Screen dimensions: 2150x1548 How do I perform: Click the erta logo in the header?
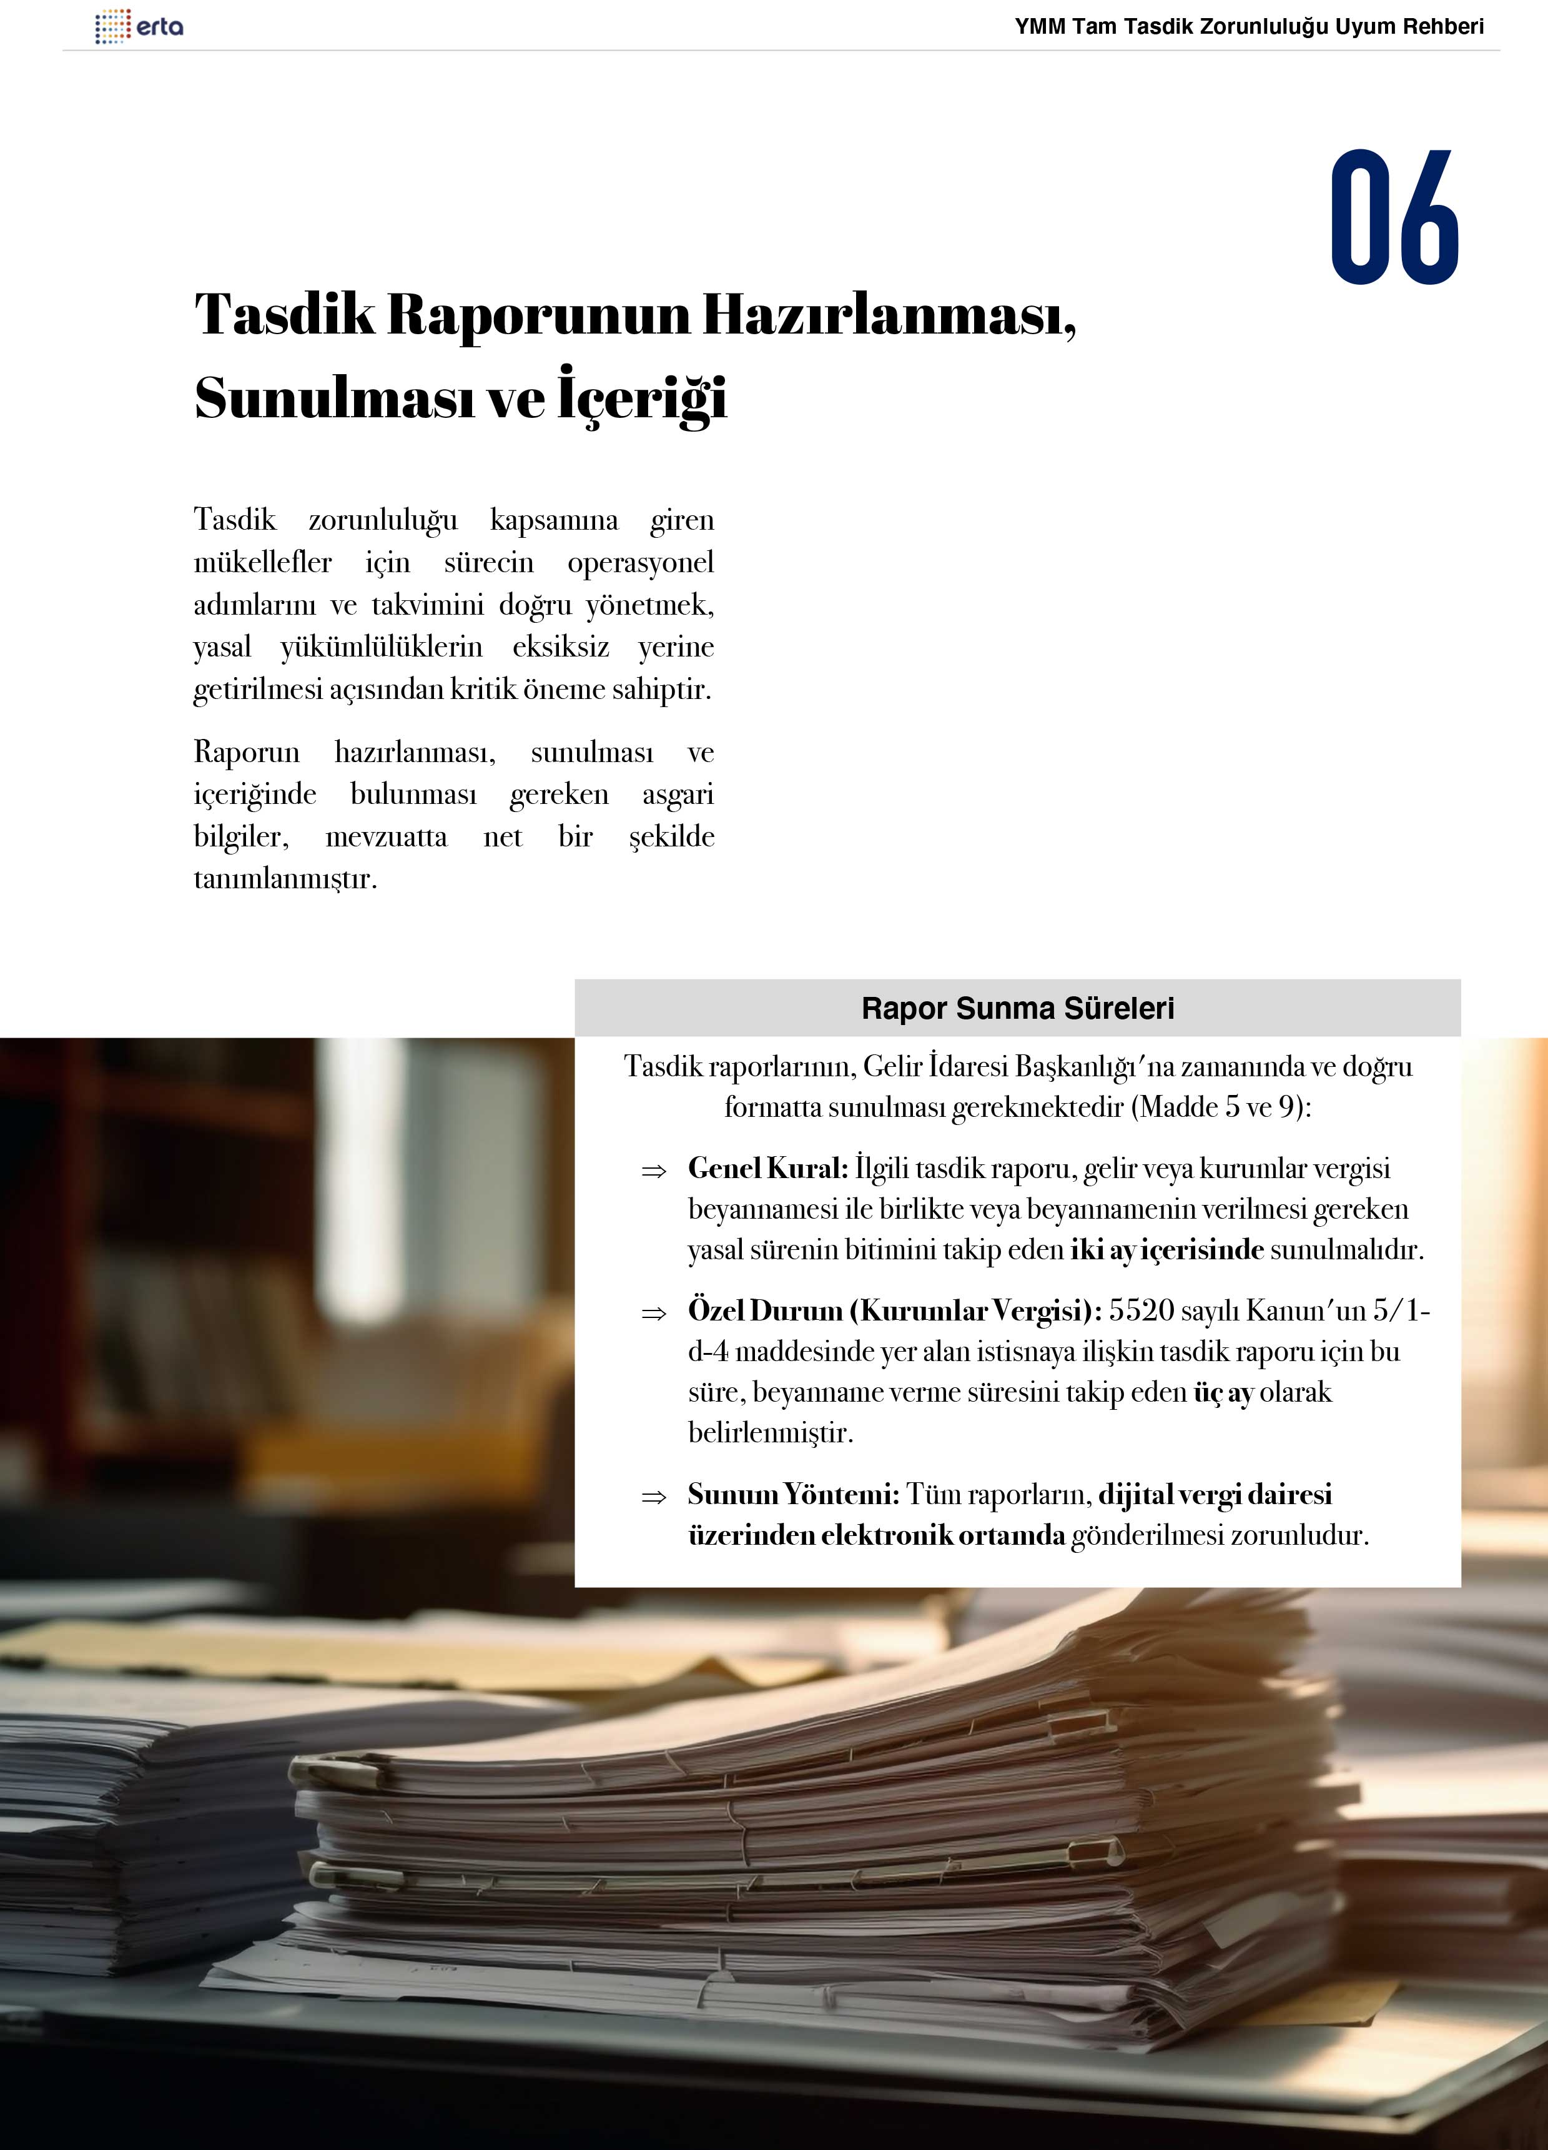point(139,26)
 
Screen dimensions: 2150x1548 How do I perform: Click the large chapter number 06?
point(1394,217)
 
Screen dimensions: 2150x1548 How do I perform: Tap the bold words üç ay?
point(1223,1392)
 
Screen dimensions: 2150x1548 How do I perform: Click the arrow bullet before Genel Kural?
point(653,1172)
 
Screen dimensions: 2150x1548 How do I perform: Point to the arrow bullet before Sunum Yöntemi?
point(653,1498)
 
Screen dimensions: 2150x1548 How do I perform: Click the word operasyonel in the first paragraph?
point(640,562)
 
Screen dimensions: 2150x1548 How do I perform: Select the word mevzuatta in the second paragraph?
point(386,836)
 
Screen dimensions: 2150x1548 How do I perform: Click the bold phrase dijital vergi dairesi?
point(1215,1494)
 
